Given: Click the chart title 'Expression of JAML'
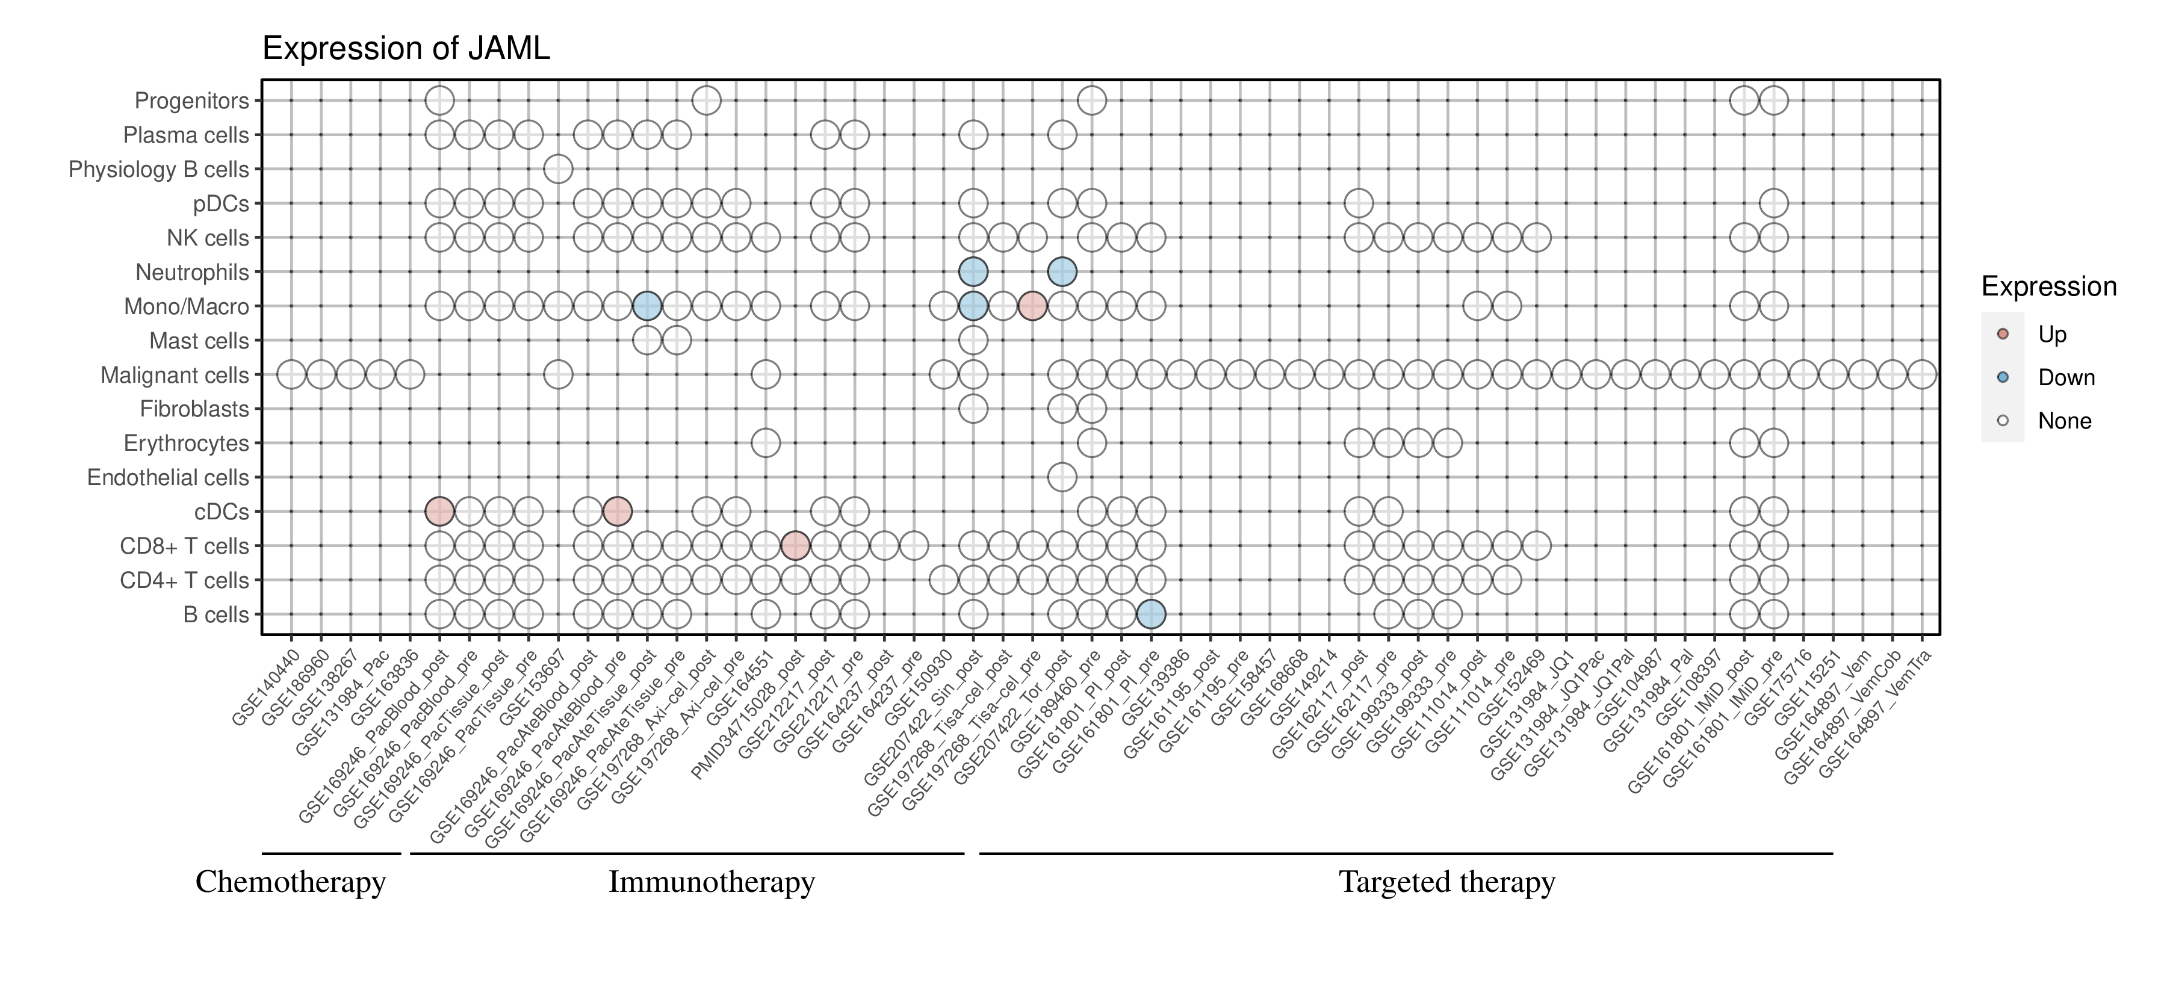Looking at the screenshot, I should click(406, 49).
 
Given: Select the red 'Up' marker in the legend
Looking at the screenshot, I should click(2002, 334).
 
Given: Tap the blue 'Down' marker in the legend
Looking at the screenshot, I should click(2002, 377).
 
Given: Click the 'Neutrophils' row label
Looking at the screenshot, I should click(192, 273).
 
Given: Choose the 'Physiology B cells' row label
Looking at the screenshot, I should click(158, 170).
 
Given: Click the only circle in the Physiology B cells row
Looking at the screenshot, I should click(558, 169).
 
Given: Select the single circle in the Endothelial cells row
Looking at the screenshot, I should click(1062, 478).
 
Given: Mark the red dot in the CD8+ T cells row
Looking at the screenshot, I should click(795, 546).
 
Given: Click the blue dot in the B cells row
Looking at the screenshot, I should click(1151, 614).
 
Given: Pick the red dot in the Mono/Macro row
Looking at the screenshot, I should click(1032, 306).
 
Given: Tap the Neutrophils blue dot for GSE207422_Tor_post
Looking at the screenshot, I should click(1062, 271).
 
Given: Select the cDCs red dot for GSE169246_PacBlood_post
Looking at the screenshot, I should click(439, 511).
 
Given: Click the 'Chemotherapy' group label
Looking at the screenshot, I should click(290, 882).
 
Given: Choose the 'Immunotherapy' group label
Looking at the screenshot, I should click(711, 882).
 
